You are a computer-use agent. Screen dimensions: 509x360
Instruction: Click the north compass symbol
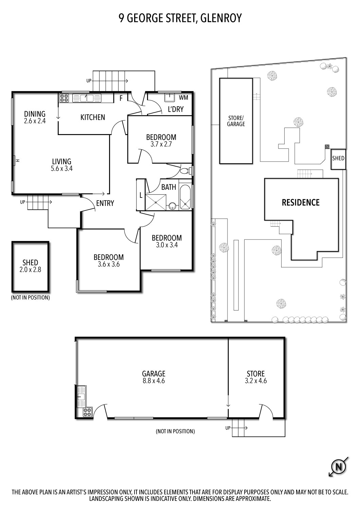pyautogui.click(x=339, y=467)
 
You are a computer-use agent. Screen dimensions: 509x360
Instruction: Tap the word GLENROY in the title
pyautogui.click(x=221, y=18)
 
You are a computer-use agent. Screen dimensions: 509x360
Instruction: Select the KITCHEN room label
pyautogui.click(x=93, y=117)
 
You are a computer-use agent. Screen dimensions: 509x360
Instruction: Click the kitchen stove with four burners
pyautogui.click(x=64, y=98)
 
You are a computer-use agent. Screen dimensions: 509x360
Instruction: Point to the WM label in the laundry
pyautogui.click(x=183, y=98)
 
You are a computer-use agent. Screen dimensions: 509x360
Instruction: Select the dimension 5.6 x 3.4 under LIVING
pyautogui.click(x=61, y=169)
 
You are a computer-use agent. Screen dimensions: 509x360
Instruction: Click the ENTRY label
pyautogui.click(x=105, y=203)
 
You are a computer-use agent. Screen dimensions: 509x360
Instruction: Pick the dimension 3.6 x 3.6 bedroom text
pyautogui.click(x=109, y=264)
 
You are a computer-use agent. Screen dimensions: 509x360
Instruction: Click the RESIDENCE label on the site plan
pyautogui.click(x=301, y=203)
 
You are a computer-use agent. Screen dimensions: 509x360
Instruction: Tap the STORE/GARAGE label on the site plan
pyautogui.click(x=236, y=121)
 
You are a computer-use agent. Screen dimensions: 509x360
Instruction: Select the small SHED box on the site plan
pyautogui.click(x=338, y=158)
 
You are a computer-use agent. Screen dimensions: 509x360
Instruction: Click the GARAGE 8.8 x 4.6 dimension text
pyautogui.click(x=154, y=381)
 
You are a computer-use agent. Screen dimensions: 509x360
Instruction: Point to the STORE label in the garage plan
pyautogui.click(x=255, y=374)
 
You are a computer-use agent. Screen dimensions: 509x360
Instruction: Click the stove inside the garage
pyautogui.click(x=87, y=412)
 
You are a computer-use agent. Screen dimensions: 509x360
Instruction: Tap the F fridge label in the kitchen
pyautogui.click(x=120, y=98)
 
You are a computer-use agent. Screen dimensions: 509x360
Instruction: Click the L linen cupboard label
pyautogui.click(x=141, y=195)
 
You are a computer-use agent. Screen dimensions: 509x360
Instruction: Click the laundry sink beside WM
pyautogui.click(x=169, y=98)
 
